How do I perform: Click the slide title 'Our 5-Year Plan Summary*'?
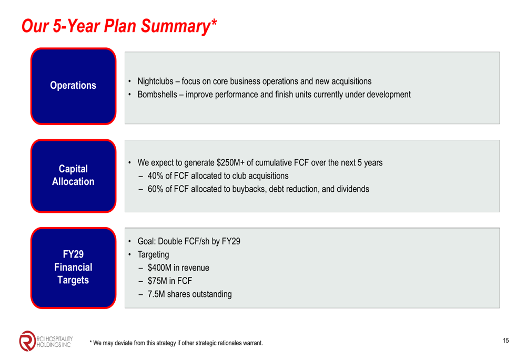coord(119,26)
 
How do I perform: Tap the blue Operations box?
coord(73,86)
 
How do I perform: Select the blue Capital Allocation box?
coord(73,176)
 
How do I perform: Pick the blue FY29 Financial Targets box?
coord(73,268)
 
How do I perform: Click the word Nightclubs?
coord(155,81)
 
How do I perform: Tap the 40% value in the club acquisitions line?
coord(155,176)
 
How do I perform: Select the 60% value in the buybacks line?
coord(155,189)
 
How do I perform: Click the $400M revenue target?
coord(159,268)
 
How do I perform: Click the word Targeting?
coord(153,255)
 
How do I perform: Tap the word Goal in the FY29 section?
coord(146,241)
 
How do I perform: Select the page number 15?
coord(505,341)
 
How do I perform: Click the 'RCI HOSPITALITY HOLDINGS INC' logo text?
coord(54,342)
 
